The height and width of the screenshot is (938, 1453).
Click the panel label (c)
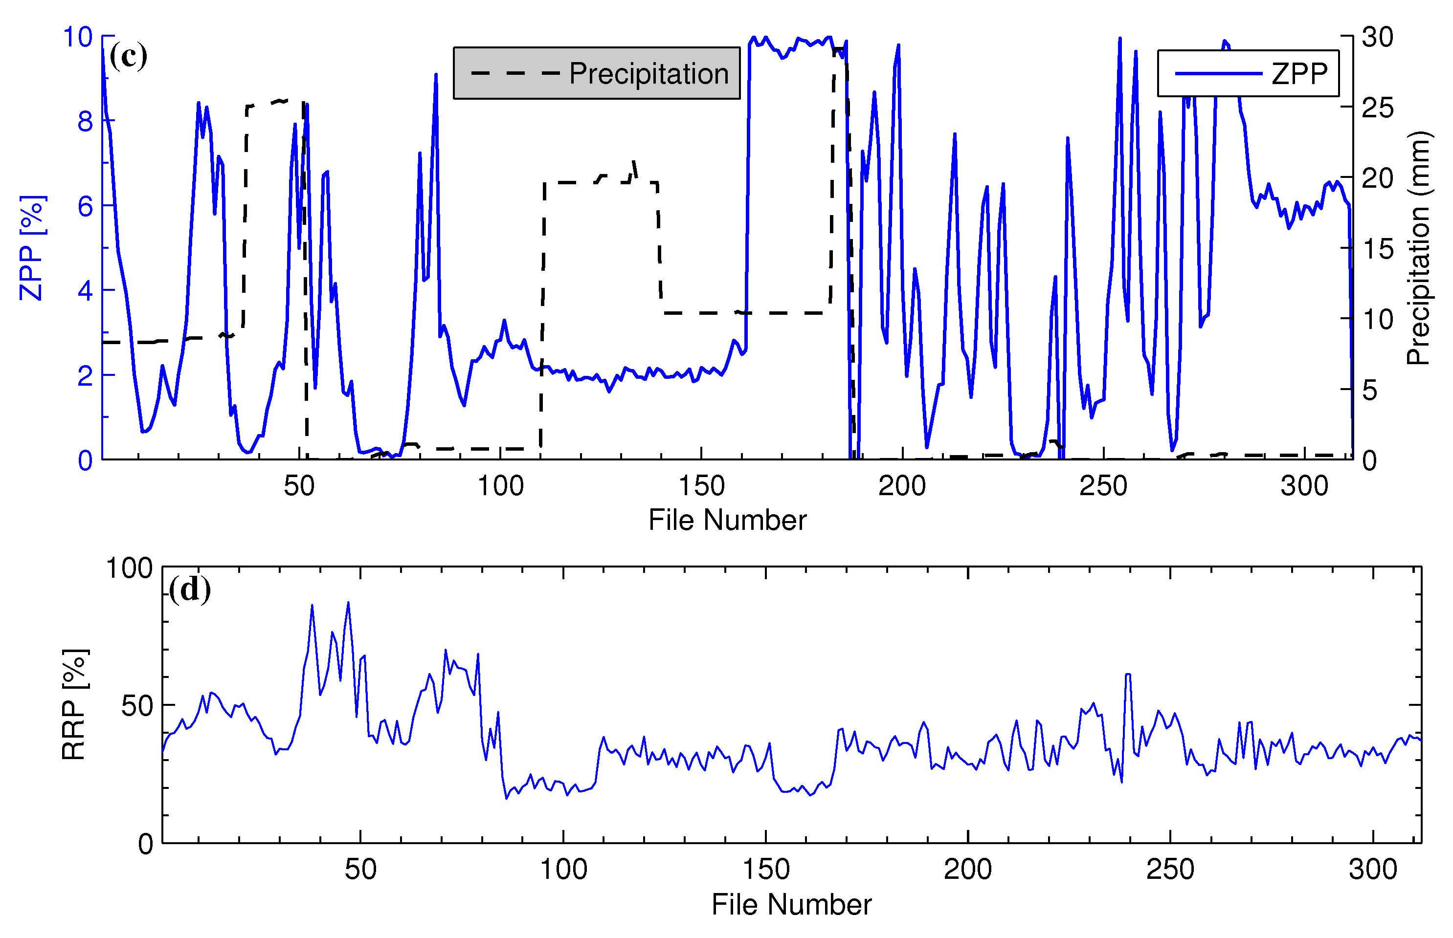(128, 57)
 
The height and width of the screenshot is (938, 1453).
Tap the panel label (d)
(189, 589)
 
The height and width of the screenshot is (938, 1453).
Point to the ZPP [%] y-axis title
(31, 248)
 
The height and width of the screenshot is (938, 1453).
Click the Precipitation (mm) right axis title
(1419, 248)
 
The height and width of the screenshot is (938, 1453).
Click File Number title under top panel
(727, 520)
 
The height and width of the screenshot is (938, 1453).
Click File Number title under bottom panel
(791, 904)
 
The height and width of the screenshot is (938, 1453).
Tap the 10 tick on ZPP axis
(77, 37)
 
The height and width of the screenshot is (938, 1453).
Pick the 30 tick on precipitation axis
(1377, 37)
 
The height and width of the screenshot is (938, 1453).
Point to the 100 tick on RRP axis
(129, 568)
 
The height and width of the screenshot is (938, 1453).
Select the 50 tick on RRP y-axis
(136, 706)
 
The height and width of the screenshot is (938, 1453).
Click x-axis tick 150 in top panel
(701, 486)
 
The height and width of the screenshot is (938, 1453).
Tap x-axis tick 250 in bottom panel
(1169, 869)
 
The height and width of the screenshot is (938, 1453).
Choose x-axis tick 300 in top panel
(1304, 486)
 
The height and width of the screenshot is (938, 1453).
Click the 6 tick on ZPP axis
(85, 207)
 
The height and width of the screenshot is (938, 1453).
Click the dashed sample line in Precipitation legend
(515, 74)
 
